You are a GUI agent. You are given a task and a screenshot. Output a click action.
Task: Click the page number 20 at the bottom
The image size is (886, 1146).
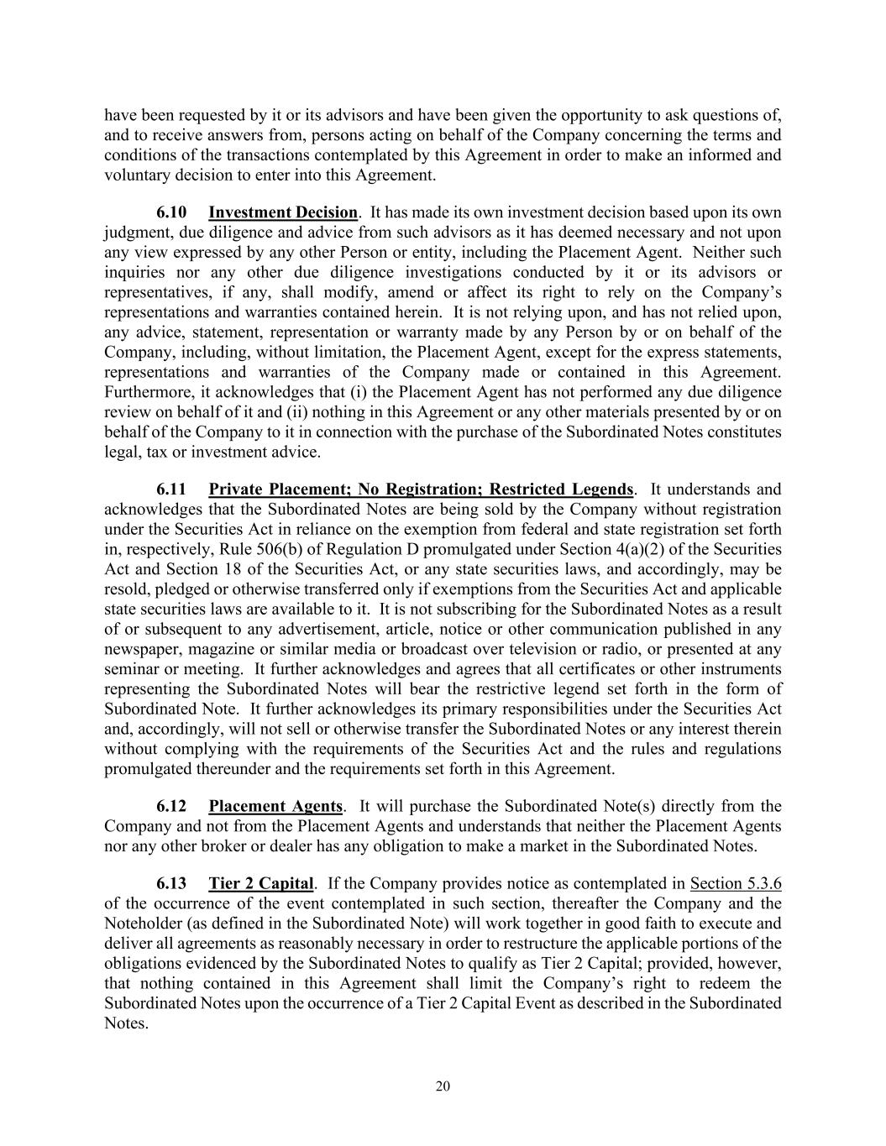pyautogui.click(x=443, y=1086)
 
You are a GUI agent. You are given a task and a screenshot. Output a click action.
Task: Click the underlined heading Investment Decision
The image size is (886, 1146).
pyautogui.click(x=283, y=212)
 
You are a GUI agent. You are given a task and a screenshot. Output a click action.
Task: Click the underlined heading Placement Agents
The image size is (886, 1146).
pyautogui.click(x=275, y=807)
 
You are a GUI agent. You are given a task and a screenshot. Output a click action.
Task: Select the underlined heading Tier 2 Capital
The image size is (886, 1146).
pyautogui.click(x=261, y=884)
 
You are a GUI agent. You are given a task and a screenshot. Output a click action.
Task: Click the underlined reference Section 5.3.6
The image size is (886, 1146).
pyautogui.click(x=736, y=884)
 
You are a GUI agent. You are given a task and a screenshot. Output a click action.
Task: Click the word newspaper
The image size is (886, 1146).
pyautogui.click(x=139, y=649)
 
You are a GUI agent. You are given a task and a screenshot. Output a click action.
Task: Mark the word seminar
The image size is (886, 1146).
pyautogui.click(x=131, y=669)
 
